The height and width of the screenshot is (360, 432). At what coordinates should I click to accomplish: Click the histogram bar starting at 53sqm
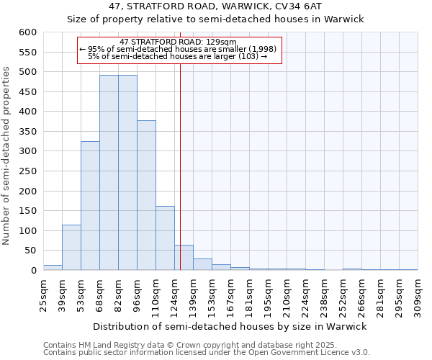[x=90, y=206]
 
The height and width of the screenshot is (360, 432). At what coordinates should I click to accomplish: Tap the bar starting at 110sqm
[x=165, y=238]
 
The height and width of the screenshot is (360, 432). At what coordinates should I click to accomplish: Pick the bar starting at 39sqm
[x=71, y=248]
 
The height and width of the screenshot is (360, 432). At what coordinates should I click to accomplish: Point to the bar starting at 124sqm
[x=184, y=258]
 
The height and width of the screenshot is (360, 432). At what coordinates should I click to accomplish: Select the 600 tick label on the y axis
[x=27, y=32]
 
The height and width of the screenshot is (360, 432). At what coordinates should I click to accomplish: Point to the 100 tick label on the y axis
[x=27, y=231]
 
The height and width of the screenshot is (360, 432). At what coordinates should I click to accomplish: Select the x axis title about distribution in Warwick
[x=230, y=326]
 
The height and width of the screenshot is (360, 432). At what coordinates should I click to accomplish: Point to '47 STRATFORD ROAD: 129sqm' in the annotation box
[x=173, y=42]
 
